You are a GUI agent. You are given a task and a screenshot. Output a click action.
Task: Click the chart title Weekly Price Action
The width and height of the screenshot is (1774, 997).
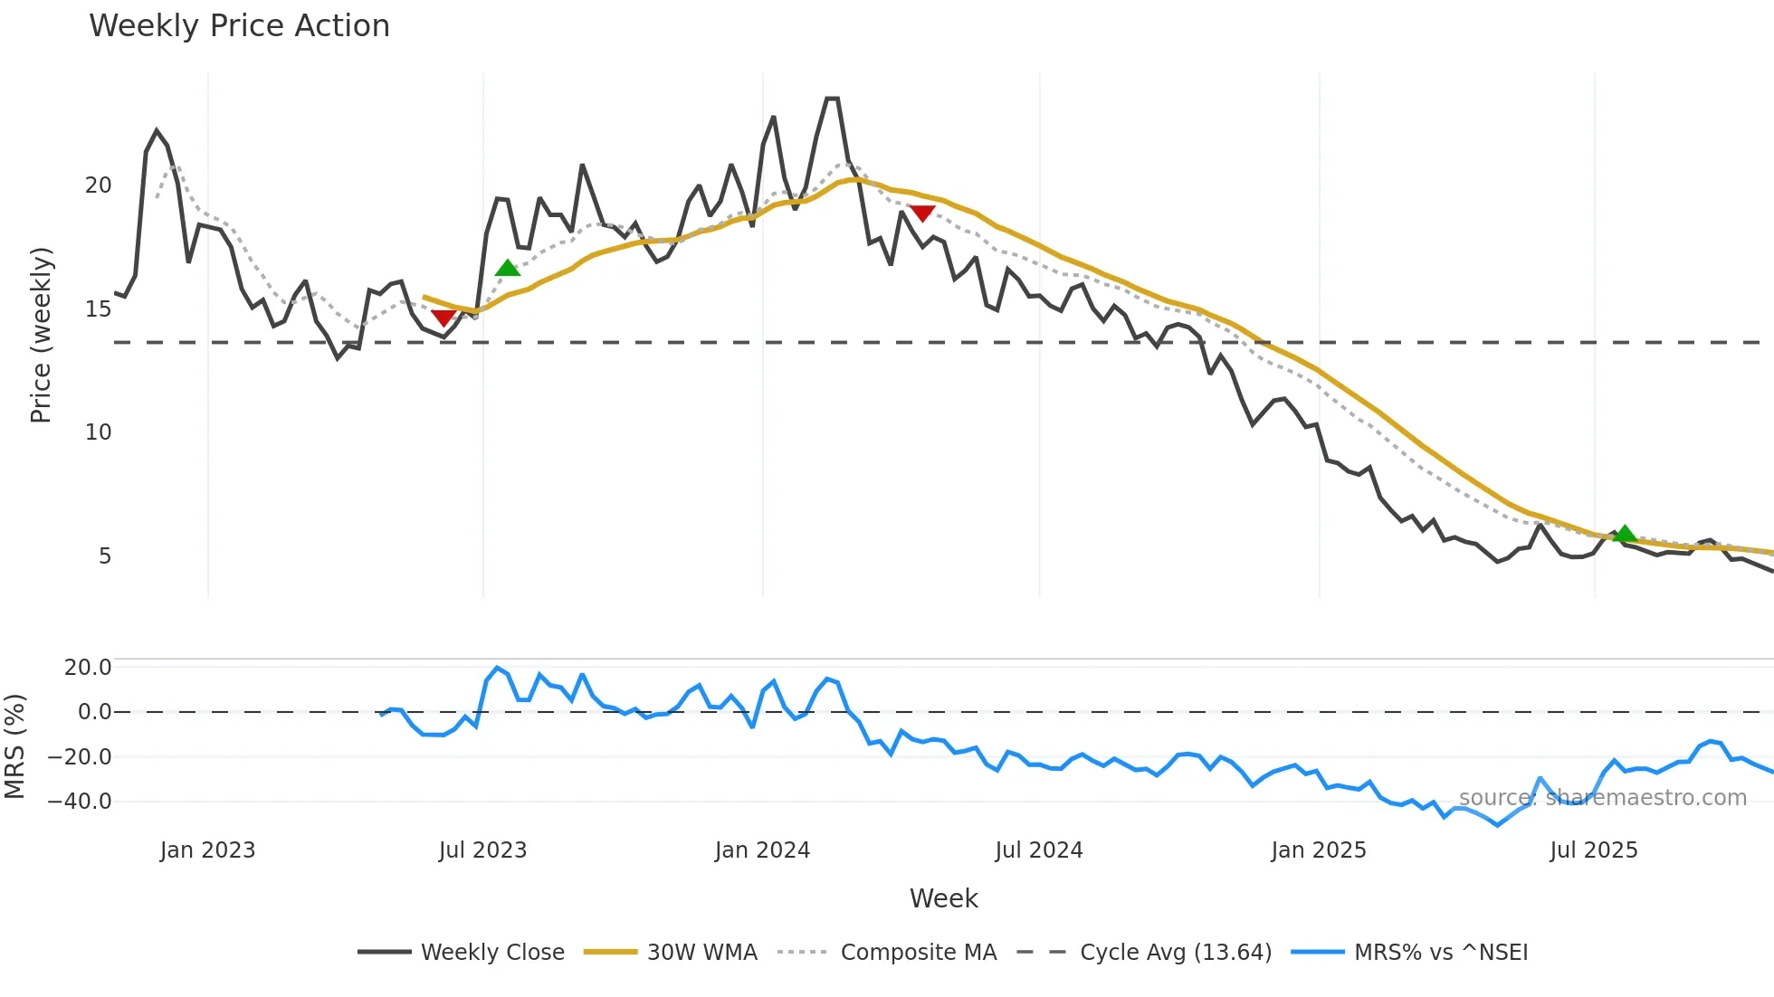(239, 26)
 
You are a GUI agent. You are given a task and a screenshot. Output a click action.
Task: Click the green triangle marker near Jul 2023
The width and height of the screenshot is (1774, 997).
(508, 268)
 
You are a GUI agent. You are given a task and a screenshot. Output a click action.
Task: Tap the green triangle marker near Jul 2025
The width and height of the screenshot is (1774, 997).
(1625, 534)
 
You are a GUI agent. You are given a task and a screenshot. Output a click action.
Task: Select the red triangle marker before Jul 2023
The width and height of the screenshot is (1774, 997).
(443, 318)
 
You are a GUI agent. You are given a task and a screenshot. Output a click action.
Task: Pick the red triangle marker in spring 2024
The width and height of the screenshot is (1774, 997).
(922, 214)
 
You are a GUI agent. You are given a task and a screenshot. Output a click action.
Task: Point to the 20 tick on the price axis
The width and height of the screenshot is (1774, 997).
(98, 185)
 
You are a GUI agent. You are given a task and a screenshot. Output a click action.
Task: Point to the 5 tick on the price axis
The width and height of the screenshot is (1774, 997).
(105, 556)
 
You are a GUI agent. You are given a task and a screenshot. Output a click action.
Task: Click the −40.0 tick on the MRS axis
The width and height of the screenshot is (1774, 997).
(80, 802)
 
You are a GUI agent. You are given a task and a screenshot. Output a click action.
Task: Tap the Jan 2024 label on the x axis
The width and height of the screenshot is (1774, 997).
(762, 850)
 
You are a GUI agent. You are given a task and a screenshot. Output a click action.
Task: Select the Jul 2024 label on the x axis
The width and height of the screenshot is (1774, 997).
(1039, 850)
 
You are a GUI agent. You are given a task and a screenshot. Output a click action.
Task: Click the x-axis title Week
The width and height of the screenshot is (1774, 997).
(943, 898)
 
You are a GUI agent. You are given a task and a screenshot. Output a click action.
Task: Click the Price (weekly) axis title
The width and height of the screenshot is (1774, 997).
(41, 335)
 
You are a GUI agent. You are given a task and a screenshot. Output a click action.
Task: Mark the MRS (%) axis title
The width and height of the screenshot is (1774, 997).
(14, 746)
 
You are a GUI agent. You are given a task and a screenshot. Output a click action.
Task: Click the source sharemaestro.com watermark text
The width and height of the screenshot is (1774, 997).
(1602, 798)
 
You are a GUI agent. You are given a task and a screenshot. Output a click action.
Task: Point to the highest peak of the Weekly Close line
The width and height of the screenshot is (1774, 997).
(832, 99)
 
